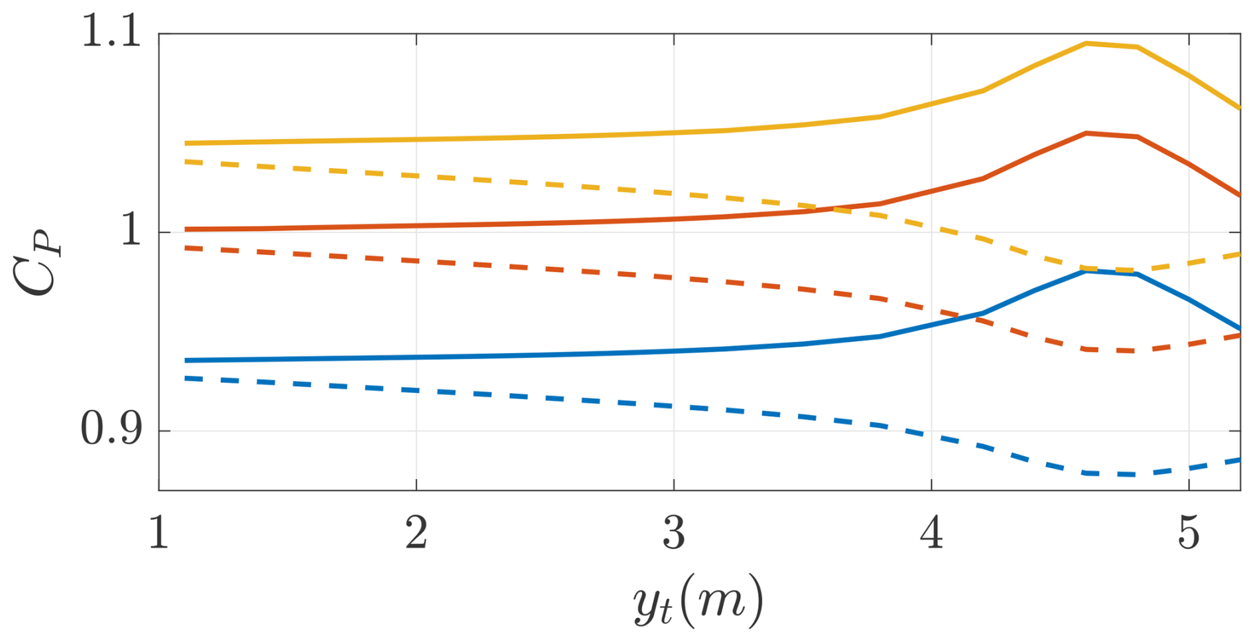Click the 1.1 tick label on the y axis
(111, 32)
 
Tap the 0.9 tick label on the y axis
(111, 430)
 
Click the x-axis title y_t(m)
(698, 601)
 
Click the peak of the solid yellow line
(1086, 43)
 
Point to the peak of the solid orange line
(1086, 133)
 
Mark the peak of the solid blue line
(1086, 271)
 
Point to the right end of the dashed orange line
(1240, 335)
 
